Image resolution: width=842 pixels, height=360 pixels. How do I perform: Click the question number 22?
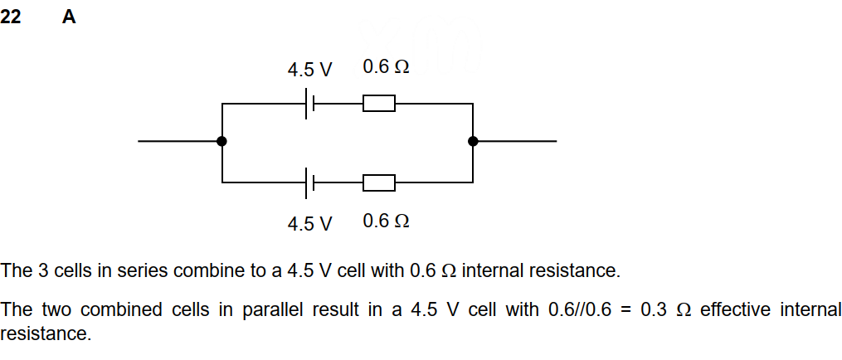tap(11, 17)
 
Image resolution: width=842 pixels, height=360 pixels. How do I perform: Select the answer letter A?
tap(69, 17)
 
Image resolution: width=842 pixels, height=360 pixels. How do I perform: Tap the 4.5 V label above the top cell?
tap(309, 70)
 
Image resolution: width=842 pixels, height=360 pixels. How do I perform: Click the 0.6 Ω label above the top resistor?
tap(386, 67)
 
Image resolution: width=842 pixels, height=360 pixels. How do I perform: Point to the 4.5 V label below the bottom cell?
tap(309, 223)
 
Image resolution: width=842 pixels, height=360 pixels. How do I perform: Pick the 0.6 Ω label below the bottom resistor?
tap(386, 221)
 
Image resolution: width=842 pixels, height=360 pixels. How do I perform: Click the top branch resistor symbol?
tap(379, 104)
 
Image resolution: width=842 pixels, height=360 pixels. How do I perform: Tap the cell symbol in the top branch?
tap(309, 104)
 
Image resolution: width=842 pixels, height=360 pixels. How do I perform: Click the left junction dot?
tap(221, 141)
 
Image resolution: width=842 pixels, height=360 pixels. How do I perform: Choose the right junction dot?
tap(473, 141)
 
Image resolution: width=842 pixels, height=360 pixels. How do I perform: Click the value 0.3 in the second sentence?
tap(654, 310)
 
